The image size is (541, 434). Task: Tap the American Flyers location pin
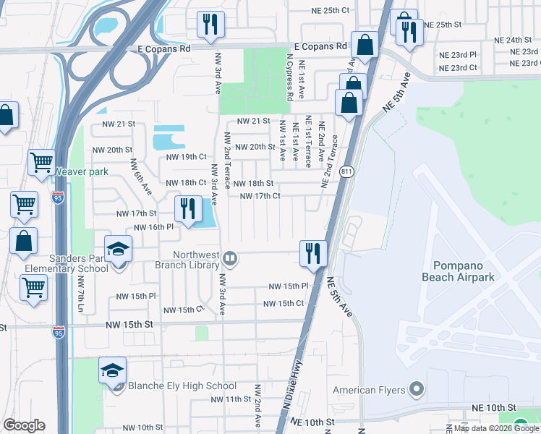pyautogui.click(x=415, y=390)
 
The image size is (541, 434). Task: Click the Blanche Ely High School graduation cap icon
pyautogui.click(x=113, y=370)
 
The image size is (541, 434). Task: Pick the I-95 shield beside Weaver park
pyautogui.click(x=59, y=196)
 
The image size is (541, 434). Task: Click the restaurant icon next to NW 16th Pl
pyautogui.click(x=187, y=208)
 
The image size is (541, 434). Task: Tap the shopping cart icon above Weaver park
pyautogui.click(x=41, y=162)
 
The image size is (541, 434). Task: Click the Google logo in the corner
pyautogui.click(x=24, y=425)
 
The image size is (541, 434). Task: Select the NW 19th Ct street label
pyautogui.click(x=187, y=157)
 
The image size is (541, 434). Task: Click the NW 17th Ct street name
pyautogui.click(x=260, y=196)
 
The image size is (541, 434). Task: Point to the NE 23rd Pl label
pyautogui.click(x=458, y=54)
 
